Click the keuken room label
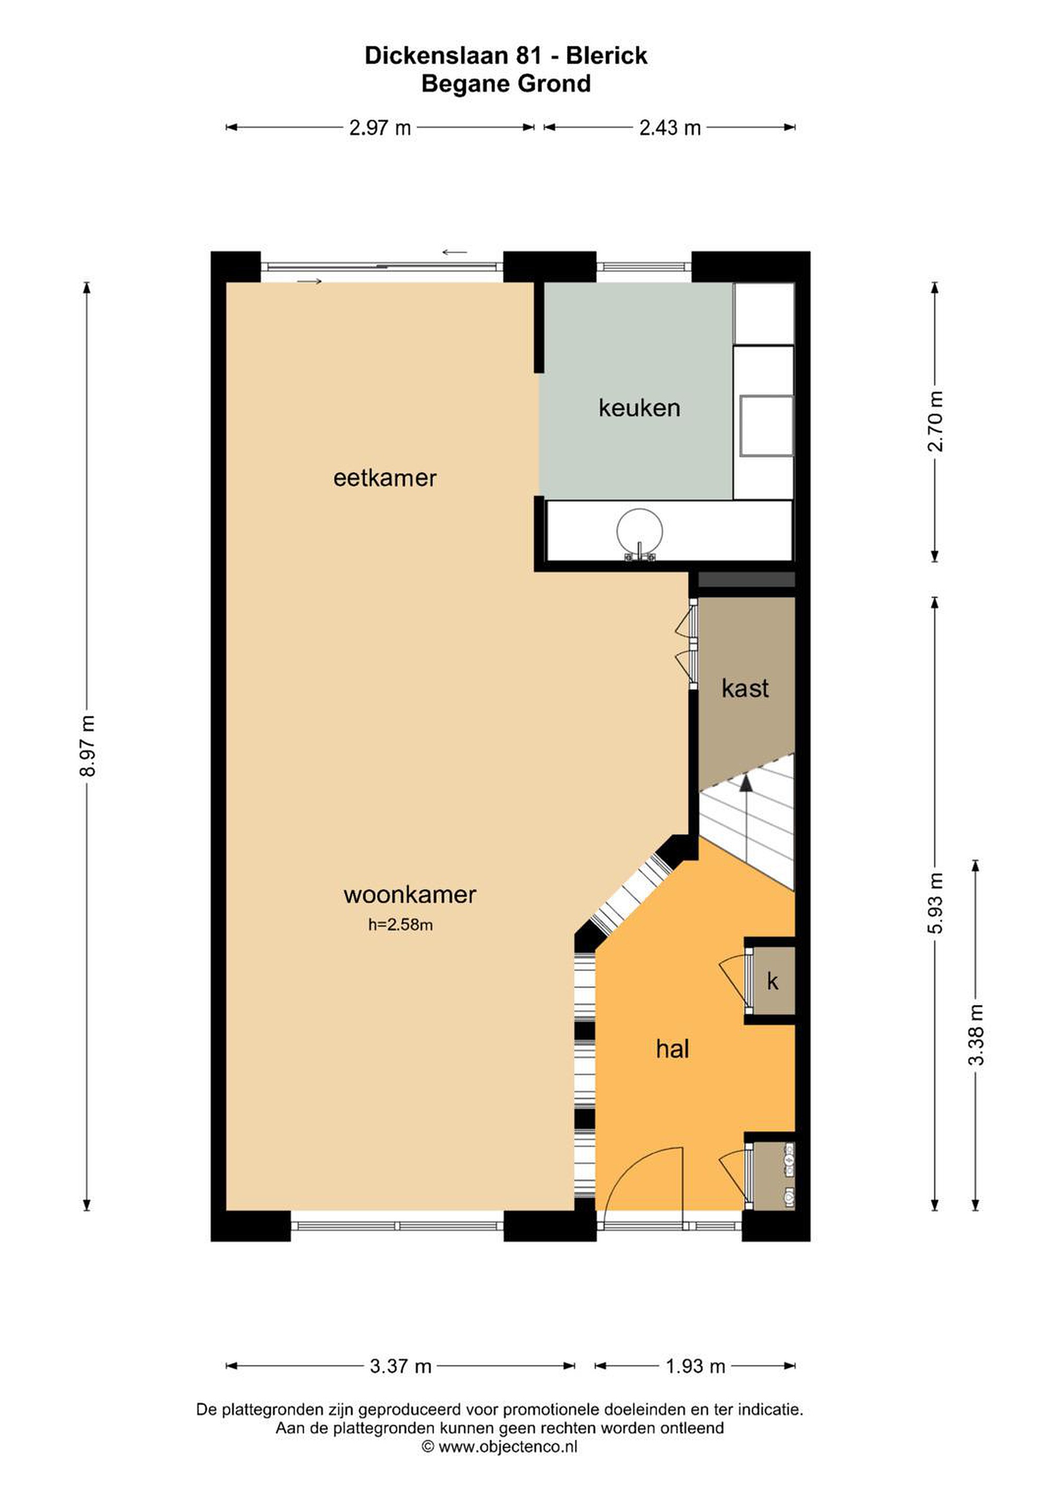click(639, 408)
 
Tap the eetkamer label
click(385, 478)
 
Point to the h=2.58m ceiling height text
click(401, 925)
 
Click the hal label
click(673, 1049)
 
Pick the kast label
click(745, 688)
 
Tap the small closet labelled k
click(773, 982)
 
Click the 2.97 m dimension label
click(380, 128)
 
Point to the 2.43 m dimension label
click(670, 128)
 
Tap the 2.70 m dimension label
click(936, 421)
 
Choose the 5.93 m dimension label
click(936, 903)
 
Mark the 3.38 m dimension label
click(976, 1035)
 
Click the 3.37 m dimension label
click(401, 1366)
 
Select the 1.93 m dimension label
click(695, 1366)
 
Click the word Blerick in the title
click(607, 56)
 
